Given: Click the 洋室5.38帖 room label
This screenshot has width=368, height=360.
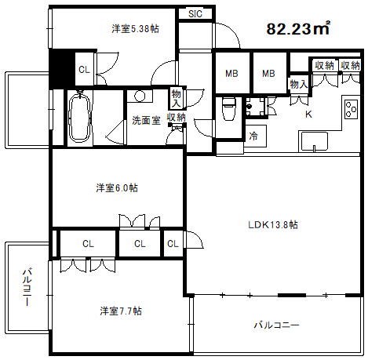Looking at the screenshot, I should [135, 29].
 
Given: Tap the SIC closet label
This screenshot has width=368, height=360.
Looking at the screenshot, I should [194, 13].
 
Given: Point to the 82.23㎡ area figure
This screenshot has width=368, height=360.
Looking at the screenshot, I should [297, 30].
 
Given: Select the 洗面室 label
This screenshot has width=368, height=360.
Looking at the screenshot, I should [146, 121].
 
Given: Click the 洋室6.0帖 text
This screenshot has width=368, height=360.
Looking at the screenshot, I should [118, 188].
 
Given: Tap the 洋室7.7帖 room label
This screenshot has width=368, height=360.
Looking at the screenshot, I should [120, 311].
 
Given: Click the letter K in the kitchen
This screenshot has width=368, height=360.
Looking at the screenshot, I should [308, 115].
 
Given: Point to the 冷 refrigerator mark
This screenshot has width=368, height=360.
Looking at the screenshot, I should [253, 136].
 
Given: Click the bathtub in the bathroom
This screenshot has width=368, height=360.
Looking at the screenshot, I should [78, 118].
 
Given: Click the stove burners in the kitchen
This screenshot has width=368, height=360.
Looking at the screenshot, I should [350, 109].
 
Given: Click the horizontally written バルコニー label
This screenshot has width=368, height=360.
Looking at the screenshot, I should [275, 324].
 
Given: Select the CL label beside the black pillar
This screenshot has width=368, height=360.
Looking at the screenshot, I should [84, 71].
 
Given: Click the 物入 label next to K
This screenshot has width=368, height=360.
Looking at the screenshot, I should [298, 84].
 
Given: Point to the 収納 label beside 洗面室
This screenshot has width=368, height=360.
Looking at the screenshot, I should [176, 118].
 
